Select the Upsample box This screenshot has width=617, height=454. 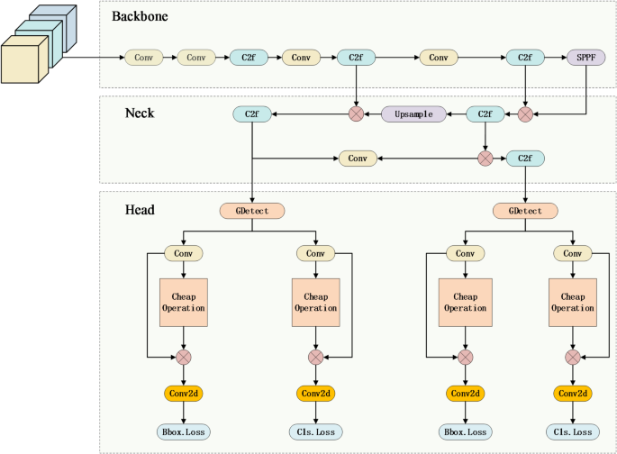(x=413, y=114)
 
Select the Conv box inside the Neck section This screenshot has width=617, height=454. (x=358, y=159)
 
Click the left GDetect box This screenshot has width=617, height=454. (x=252, y=211)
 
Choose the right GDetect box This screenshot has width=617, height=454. (x=524, y=211)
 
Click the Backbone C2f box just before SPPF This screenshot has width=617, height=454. (x=524, y=58)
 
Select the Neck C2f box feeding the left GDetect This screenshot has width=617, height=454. (x=252, y=114)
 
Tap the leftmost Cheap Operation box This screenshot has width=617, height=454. (x=184, y=302)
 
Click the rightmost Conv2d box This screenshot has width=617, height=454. (x=574, y=394)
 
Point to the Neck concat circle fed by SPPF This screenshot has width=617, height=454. (x=525, y=114)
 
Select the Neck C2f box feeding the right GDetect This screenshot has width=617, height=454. (x=524, y=159)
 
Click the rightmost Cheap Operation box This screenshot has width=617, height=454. (x=574, y=302)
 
